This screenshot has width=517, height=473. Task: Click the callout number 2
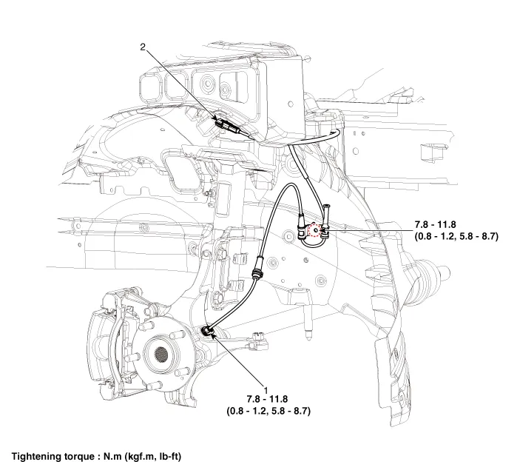(x=143, y=48)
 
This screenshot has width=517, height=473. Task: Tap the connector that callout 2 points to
(x=225, y=123)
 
